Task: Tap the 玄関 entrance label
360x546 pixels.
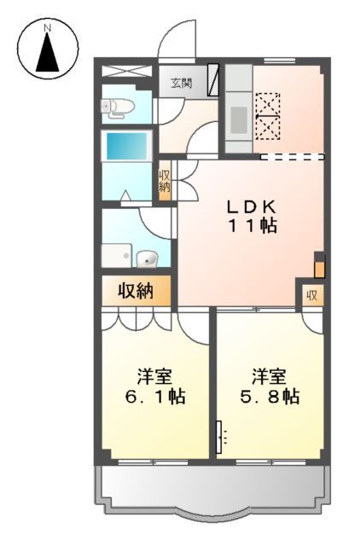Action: pos(181,83)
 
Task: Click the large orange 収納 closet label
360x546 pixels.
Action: pos(136,291)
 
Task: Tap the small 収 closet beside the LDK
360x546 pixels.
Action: pos(312,296)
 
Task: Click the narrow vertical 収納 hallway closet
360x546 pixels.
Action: pos(165,182)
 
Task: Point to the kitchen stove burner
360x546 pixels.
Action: pos(238,119)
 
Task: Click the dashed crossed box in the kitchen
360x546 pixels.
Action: pos(269,114)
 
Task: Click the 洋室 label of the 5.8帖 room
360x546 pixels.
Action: pos(268,375)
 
